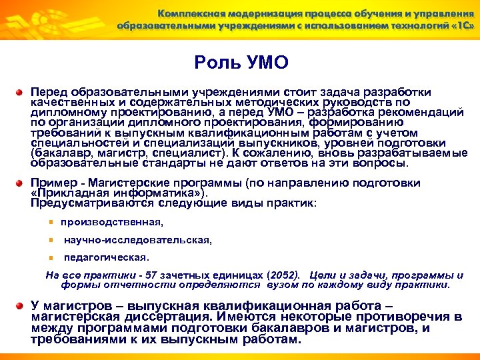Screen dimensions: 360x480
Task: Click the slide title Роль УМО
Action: (x=241, y=63)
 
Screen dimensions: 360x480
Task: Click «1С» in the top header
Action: (x=460, y=26)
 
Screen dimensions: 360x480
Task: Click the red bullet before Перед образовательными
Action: (x=22, y=93)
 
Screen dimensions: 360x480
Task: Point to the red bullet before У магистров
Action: (x=22, y=307)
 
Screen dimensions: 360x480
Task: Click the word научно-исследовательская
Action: (x=138, y=239)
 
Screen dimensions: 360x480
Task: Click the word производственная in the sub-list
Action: (x=111, y=222)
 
